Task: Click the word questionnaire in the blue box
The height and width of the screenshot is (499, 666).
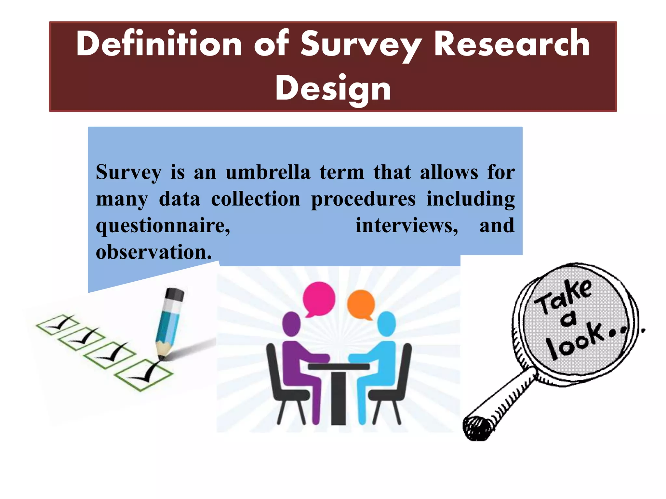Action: (163, 225)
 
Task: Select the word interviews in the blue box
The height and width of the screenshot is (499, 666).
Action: (406, 225)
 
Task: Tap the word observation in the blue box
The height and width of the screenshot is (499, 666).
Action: (153, 252)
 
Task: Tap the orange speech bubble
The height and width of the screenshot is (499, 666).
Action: (361, 304)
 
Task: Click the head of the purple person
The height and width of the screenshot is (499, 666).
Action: (291, 324)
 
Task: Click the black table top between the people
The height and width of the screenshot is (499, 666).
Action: (339, 366)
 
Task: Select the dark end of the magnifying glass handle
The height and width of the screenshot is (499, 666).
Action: (477, 428)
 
